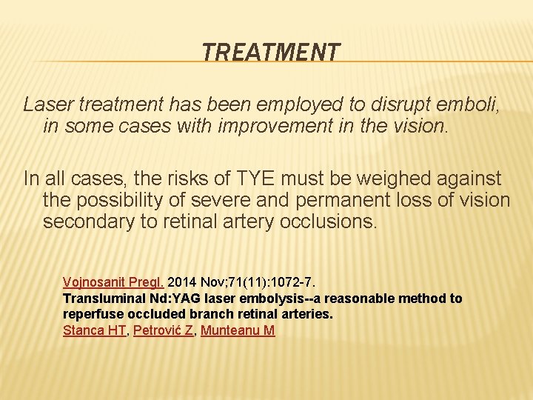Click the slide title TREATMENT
click(271, 53)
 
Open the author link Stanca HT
click(95, 330)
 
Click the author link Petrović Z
click(164, 330)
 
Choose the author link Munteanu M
click(238, 330)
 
